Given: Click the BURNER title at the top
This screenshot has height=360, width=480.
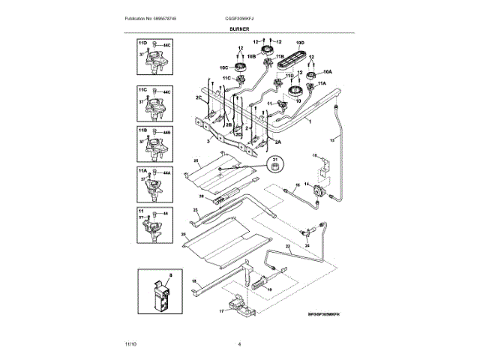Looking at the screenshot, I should click(239, 28).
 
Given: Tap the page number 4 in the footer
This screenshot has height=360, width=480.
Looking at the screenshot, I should click(238, 344).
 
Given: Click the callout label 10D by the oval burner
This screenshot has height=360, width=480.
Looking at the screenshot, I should click(301, 42).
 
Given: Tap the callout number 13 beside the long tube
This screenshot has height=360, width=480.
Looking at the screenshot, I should click(333, 139).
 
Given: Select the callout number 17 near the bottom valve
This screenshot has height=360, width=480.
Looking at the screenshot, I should click(222, 310).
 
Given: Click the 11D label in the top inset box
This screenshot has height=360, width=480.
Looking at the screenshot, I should click(142, 45).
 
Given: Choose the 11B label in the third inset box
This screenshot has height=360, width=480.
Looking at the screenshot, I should click(142, 130).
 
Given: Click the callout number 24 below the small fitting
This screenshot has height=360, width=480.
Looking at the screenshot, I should click(306, 244).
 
